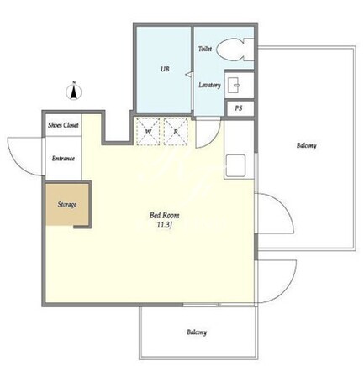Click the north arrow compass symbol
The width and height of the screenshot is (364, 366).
[x=74, y=91]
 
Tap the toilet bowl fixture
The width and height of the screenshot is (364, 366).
[x=235, y=50]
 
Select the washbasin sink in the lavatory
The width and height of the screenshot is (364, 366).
[x=234, y=85]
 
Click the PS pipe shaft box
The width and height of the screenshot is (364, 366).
[x=240, y=108]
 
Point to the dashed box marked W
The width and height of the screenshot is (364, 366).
[x=148, y=132]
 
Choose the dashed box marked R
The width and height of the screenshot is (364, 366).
[x=176, y=132]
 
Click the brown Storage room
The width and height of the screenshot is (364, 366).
[x=67, y=204]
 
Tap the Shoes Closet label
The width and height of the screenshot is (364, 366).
[x=63, y=125]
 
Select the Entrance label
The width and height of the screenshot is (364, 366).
[x=63, y=159]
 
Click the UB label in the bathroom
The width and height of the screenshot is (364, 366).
[x=165, y=69]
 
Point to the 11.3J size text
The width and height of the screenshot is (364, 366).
[x=164, y=224]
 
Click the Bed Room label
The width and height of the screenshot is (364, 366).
[x=165, y=215]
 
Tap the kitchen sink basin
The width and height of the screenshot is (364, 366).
[x=235, y=165]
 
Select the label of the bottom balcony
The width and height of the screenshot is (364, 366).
[x=197, y=332]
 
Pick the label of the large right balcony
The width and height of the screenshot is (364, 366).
[x=307, y=145]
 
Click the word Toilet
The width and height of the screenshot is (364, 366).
[x=205, y=49]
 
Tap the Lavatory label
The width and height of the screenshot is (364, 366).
[x=209, y=85]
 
